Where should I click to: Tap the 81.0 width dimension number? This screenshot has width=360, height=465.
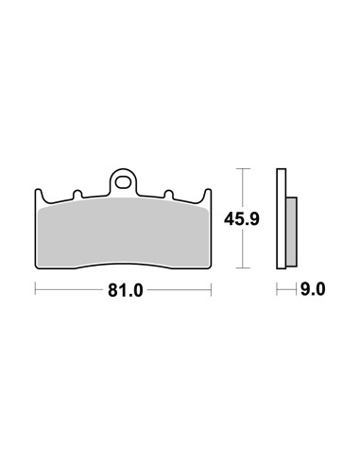[x=124, y=291]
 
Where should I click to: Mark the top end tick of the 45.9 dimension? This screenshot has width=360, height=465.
[x=244, y=168]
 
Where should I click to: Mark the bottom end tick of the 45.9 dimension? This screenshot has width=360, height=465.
[x=244, y=268]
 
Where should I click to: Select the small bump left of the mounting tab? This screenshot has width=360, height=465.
[x=74, y=197]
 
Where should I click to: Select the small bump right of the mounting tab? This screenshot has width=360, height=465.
[x=168, y=197]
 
